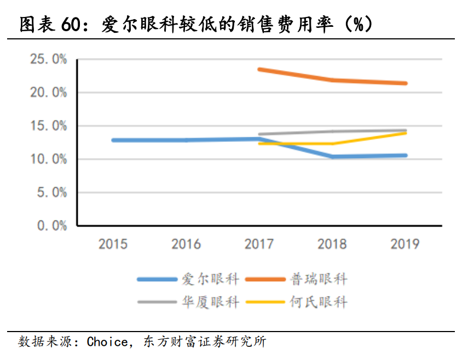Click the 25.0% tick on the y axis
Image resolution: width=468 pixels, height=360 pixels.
point(48,59)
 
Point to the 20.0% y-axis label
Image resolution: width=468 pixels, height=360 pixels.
point(48,92)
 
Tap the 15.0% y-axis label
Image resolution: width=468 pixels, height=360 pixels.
point(48,126)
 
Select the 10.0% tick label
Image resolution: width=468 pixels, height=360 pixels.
point(48,159)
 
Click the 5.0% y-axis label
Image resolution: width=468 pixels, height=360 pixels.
point(51,193)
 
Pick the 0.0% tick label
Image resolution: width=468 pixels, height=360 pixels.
point(51,225)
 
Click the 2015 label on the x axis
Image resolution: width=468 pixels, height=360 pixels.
point(113,244)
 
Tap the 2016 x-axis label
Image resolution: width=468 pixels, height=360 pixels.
point(186,244)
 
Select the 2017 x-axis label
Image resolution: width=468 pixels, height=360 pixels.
point(259,244)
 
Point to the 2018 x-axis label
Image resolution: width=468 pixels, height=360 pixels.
point(332,244)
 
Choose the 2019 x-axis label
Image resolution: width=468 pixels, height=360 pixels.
point(405,244)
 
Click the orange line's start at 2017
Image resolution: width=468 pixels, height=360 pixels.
point(259,69)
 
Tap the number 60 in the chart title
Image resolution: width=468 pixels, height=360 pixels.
point(72,25)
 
